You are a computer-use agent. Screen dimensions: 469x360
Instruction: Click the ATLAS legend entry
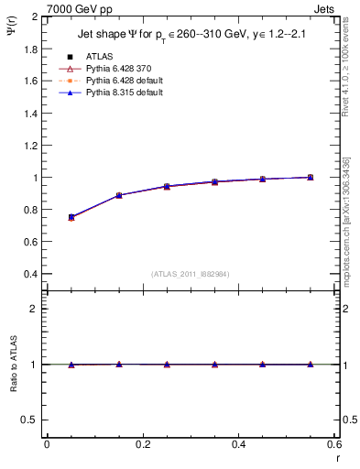pos(99,56)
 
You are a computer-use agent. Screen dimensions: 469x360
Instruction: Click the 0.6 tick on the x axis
pos(334,444)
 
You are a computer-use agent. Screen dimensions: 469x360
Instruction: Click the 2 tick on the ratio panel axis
pos(32,309)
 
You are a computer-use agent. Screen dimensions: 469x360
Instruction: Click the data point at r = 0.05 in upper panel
pos(71,217)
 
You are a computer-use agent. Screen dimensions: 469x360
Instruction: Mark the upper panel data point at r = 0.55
pos(311,177)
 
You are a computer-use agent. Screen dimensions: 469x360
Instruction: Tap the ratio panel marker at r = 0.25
pos(167,365)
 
